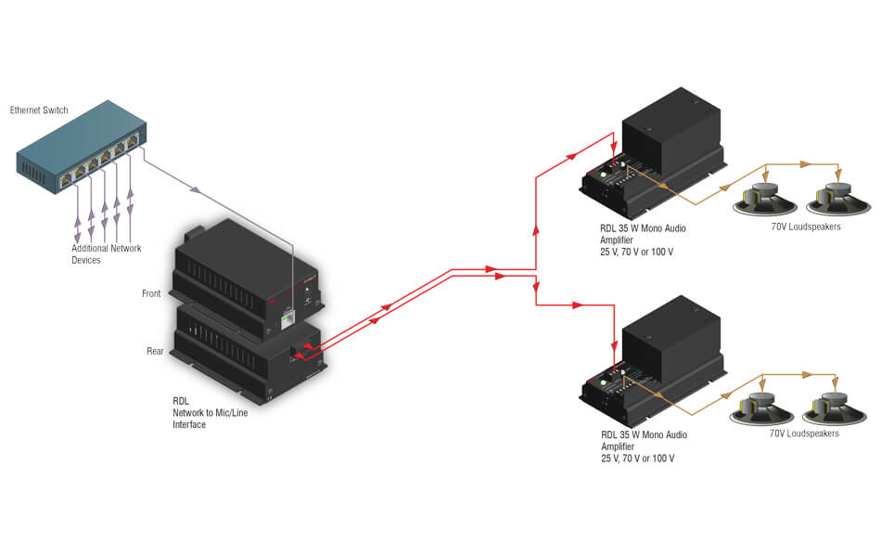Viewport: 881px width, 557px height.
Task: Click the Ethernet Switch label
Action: click(39, 110)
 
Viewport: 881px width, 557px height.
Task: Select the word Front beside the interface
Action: click(151, 294)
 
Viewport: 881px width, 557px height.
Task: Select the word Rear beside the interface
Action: click(155, 351)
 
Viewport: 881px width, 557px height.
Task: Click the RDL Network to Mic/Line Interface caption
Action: click(210, 413)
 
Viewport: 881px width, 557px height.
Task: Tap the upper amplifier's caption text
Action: click(643, 240)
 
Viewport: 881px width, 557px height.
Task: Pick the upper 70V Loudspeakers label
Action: click(806, 227)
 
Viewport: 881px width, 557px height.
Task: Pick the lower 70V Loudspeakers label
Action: click(804, 434)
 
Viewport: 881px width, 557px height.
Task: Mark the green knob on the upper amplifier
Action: click(604, 175)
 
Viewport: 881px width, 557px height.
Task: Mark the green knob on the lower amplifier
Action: click(604, 382)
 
